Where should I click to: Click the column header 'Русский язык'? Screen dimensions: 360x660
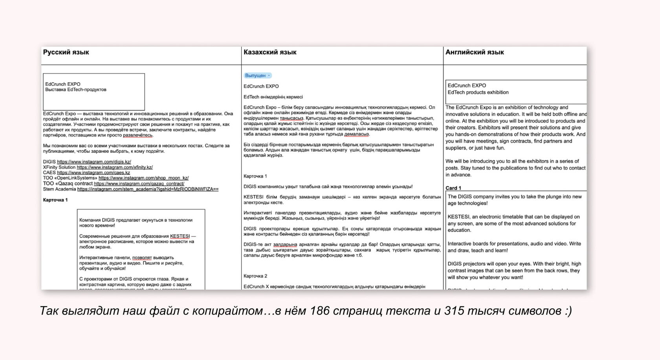(x=66, y=52)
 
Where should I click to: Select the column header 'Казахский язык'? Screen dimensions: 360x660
(x=270, y=52)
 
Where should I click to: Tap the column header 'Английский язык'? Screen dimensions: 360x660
(x=475, y=52)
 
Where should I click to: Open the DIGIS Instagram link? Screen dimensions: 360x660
(x=94, y=162)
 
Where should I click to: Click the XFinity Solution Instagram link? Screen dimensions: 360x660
(x=115, y=167)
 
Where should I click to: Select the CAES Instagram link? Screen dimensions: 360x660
(x=93, y=173)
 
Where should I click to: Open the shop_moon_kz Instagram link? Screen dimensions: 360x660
(x=143, y=178)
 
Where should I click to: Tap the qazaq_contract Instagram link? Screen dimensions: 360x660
(x=139, y=184)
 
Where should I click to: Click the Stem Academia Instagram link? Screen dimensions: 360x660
(x=148, y=189)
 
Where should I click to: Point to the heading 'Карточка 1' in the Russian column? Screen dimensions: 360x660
(x=55, y=200)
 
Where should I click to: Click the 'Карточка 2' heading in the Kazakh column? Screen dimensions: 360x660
(x=255, y=276)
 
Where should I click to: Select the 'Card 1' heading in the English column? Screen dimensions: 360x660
(x=453, y=188)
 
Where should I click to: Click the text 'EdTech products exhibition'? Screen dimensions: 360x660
(x=478, y=93)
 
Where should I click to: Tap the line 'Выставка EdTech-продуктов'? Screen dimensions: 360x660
(x=76, y=90)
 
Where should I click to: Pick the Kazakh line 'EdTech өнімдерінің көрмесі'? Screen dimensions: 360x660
(x=273, y=97)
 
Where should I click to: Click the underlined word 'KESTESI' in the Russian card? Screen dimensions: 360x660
(x=180, y=236)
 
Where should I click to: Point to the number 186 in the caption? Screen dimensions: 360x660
(x=320, y=311)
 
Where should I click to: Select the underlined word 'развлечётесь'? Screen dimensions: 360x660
(x=138, y=135)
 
